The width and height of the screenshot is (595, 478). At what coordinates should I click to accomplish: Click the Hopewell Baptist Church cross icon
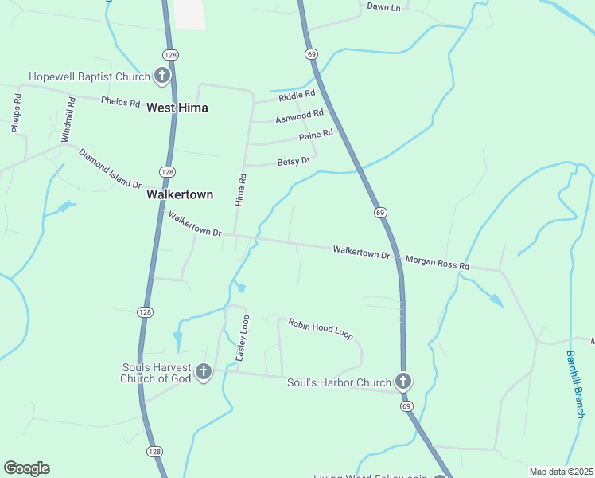click(x=162, y=76)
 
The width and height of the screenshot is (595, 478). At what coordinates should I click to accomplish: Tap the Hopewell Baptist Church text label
click(x=89, y=77)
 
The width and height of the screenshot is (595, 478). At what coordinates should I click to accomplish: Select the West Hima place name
click(x=177, y=108)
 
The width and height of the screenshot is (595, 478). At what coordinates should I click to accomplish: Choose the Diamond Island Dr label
click(x=109, y=169)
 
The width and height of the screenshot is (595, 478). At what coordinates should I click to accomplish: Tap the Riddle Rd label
click(x=297, y=97)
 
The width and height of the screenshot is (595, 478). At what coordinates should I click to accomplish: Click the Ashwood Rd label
click(x=299, y=118)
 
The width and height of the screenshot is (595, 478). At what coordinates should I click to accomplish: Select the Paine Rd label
click(x=316, y=136)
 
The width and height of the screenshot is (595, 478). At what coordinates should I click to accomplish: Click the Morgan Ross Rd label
click(x=437, y=262)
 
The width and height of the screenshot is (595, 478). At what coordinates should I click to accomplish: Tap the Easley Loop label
click(x=245, y=337)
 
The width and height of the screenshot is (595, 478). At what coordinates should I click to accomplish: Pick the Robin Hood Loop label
click(x=320, y=329)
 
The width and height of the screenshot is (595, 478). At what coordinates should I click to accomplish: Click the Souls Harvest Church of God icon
click(x=204, y=372)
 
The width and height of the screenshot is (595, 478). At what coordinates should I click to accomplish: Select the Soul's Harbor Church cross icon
click(x=404, y=381)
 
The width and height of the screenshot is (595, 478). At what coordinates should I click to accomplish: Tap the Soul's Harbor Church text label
click(x=339, y=382)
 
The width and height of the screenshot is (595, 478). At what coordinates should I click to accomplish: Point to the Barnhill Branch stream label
click(x=575, y=384)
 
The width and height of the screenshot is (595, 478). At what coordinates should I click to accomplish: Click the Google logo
click(x=26, y=468)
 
